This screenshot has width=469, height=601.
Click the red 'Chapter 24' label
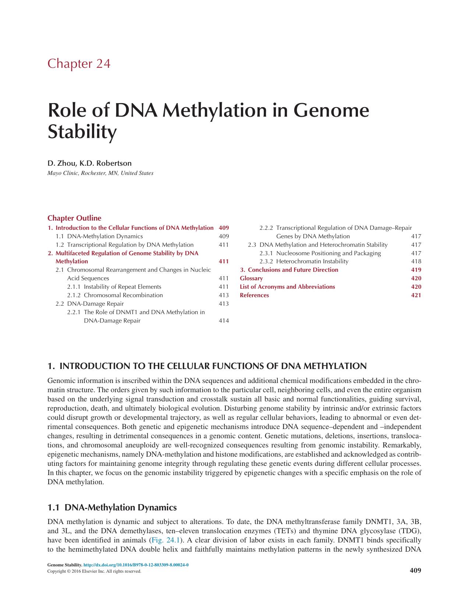[x=79, y=64]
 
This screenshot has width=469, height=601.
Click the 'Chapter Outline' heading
[x=74, y=218]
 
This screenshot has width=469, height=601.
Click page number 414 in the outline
[x=224, y=320]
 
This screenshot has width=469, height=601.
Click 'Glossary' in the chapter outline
[x=251, y=278]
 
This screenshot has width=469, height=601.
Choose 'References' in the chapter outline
[x=254, y=295]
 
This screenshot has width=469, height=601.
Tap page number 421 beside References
[x=416, y=295]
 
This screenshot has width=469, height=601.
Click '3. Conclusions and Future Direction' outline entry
[x=289, y=270]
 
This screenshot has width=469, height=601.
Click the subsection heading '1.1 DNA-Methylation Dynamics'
[x=112, y=507]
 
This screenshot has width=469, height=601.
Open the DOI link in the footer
[x=136, y=565]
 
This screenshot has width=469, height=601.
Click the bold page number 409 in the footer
[x=415, y=570]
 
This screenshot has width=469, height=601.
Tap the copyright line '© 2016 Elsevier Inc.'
[x=94, y=571]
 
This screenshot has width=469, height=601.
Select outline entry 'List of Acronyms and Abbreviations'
[x=287, y=287]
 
